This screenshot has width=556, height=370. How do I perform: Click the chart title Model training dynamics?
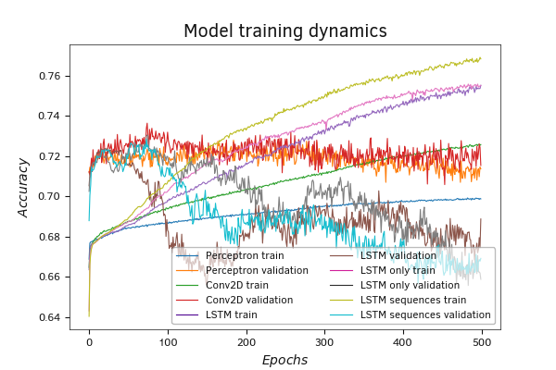pos(284,31)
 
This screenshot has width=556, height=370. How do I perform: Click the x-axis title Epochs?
pos(284,360)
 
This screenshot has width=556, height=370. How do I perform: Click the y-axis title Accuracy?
pos(25,188)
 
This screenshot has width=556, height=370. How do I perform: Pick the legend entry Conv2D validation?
pos(248,300)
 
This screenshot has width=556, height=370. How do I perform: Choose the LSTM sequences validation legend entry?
pos(420,314)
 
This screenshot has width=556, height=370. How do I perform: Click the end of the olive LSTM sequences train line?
pos(481,58)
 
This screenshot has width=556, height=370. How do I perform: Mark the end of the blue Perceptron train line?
pos(481,198)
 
